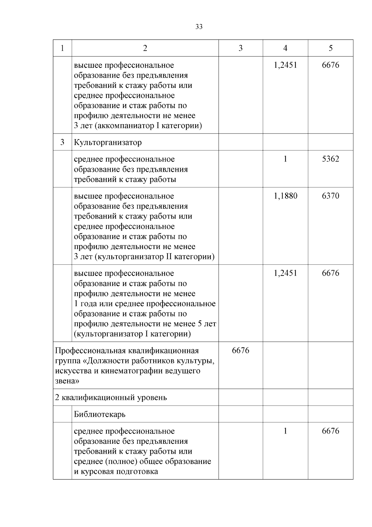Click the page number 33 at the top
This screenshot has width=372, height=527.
pos(199,27)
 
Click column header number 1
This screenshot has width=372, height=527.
pos(62,48)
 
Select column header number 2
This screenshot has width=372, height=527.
pos(145,48)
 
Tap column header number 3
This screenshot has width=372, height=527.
pos(241,48)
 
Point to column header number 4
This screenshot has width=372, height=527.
pos(285,48)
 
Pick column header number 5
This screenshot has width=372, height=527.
pos(330,48)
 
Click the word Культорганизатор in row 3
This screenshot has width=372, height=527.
pos(108,143)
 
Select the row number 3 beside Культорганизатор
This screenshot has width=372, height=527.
pos(62,142)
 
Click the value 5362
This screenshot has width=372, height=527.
pos(330,159)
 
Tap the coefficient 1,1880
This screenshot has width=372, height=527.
pos(285,196)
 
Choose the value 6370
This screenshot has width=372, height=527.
pos(330,196)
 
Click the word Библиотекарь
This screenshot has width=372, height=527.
pos(100,414)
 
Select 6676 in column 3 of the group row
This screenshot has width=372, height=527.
pos(241,350)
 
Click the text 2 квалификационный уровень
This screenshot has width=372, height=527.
pos(111,398)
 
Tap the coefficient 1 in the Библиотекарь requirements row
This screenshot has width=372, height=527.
pos(285,431)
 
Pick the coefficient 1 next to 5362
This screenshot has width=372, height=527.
pos(285,159)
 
